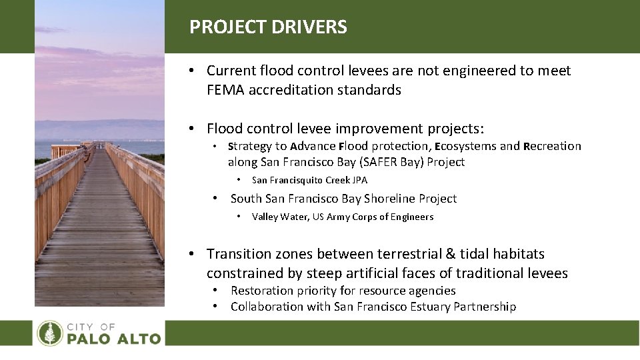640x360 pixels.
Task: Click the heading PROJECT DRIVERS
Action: point(268,27)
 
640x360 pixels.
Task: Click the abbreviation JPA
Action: point(359,180)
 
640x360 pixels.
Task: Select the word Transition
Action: point(237,254)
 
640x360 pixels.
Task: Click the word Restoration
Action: point(261,291)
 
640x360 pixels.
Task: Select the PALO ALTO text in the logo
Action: point(113,338)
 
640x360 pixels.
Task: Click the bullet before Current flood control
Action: point(191,71)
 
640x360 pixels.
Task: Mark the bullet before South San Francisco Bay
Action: point(215,199)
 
